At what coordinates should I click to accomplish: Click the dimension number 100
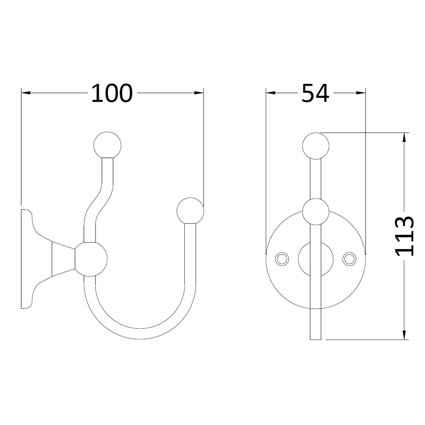111,93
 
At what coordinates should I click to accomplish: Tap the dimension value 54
316,93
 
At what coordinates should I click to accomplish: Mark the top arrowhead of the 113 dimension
405,138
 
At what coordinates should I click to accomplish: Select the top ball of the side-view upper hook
107,144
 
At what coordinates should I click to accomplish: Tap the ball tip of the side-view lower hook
190,211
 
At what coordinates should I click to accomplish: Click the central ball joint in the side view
90,259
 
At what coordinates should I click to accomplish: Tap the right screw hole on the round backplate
350,258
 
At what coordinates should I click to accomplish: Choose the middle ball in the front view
316,211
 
